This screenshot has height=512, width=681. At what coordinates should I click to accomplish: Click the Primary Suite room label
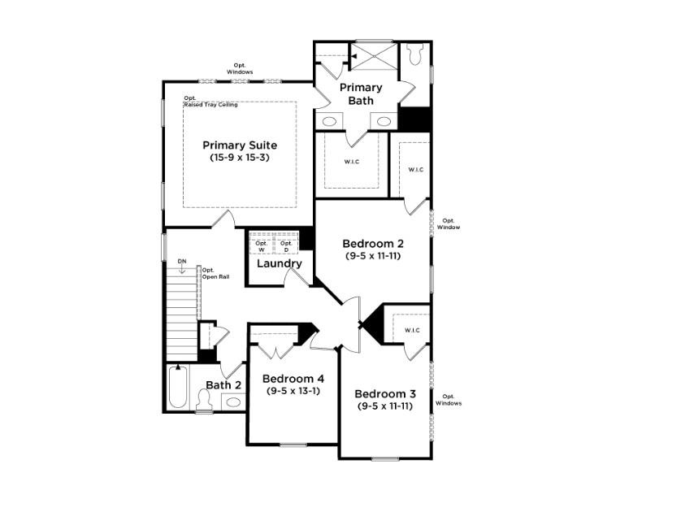click(x=239, y=145)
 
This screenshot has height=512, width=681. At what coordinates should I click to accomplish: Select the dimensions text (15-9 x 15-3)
click(x=239, y=157)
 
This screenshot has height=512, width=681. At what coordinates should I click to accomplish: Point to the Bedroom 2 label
click(x=373, y=243)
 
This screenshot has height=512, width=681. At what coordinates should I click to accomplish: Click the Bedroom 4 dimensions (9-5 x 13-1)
click(x=293, y=391)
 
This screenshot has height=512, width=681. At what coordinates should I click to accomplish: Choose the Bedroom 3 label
click(x=384, y=393)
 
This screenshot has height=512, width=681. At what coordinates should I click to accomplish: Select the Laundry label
click(x=280, y=264)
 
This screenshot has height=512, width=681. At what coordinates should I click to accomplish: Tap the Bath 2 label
click(x=223, y=385)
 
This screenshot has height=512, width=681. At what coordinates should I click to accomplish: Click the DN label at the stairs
click(x=182, y=261)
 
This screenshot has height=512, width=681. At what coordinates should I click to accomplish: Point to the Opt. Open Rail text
click(x=214, y=273)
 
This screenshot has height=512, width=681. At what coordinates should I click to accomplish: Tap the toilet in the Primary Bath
click(x=415, y=54)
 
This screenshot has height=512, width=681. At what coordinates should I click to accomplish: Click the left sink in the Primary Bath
click(x=329, y=121)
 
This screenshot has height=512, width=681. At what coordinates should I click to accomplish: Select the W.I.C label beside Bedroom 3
click(x=411, y=330)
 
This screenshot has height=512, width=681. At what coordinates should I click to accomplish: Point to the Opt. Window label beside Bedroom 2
click(x=449, y=223)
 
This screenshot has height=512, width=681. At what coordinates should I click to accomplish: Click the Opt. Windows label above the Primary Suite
click(x=240, y=68)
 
